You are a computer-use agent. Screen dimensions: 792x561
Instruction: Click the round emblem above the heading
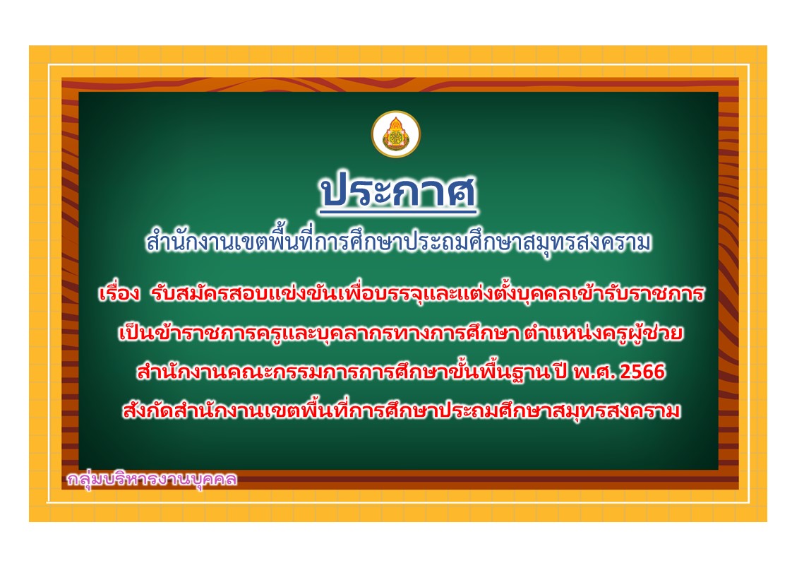tap(396, 134)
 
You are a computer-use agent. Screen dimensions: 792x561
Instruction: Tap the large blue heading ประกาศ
tap(398, 191)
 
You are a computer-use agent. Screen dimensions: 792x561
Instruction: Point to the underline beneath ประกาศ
tap(398, 212)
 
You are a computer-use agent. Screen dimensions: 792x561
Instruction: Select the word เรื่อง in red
tap(119, 293)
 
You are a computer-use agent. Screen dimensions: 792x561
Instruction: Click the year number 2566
tap(642, 372)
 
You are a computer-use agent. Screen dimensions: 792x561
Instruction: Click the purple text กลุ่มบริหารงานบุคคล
tap(152, 478)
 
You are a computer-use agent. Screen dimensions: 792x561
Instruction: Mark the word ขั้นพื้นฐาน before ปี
tap(507, 372)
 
